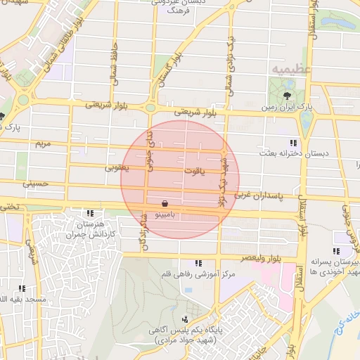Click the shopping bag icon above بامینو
pyautogui.click(x=165, y=201)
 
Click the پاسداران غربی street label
pyautogui.click(x=262, y=193)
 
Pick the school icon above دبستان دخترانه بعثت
pyautogui.click(x=292, y=143)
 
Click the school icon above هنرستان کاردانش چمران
pyautogui.click(x=90, y=213)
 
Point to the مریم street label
pyautogui.click(x=44, y=143)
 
